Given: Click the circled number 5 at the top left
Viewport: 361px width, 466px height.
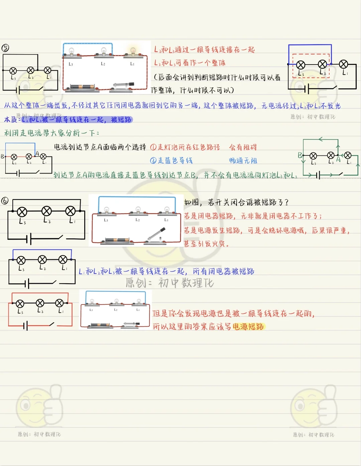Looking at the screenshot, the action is pos(5,48).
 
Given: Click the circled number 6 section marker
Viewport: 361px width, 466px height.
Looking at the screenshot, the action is pos(5,201).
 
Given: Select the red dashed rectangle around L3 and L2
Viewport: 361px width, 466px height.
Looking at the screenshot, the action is pos(311,66).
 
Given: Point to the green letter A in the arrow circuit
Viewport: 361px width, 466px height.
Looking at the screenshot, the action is pos(338,159).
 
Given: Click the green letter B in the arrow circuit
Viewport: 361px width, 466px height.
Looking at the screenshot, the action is pos(300,155).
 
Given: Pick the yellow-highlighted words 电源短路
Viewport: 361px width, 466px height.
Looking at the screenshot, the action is pos(248,327).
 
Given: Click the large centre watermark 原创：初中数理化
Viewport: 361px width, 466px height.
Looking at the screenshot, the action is pos(169,283).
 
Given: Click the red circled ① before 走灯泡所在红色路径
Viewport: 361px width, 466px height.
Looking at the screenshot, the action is pos(153,147).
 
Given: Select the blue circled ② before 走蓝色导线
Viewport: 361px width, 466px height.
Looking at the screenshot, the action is pos(153,160).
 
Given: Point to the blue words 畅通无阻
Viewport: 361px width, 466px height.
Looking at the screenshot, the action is pos(243,161).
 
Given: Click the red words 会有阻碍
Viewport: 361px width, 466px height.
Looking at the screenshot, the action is pos(243,147).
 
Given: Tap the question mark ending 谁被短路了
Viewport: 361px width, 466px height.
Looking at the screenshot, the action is pos(286,202).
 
